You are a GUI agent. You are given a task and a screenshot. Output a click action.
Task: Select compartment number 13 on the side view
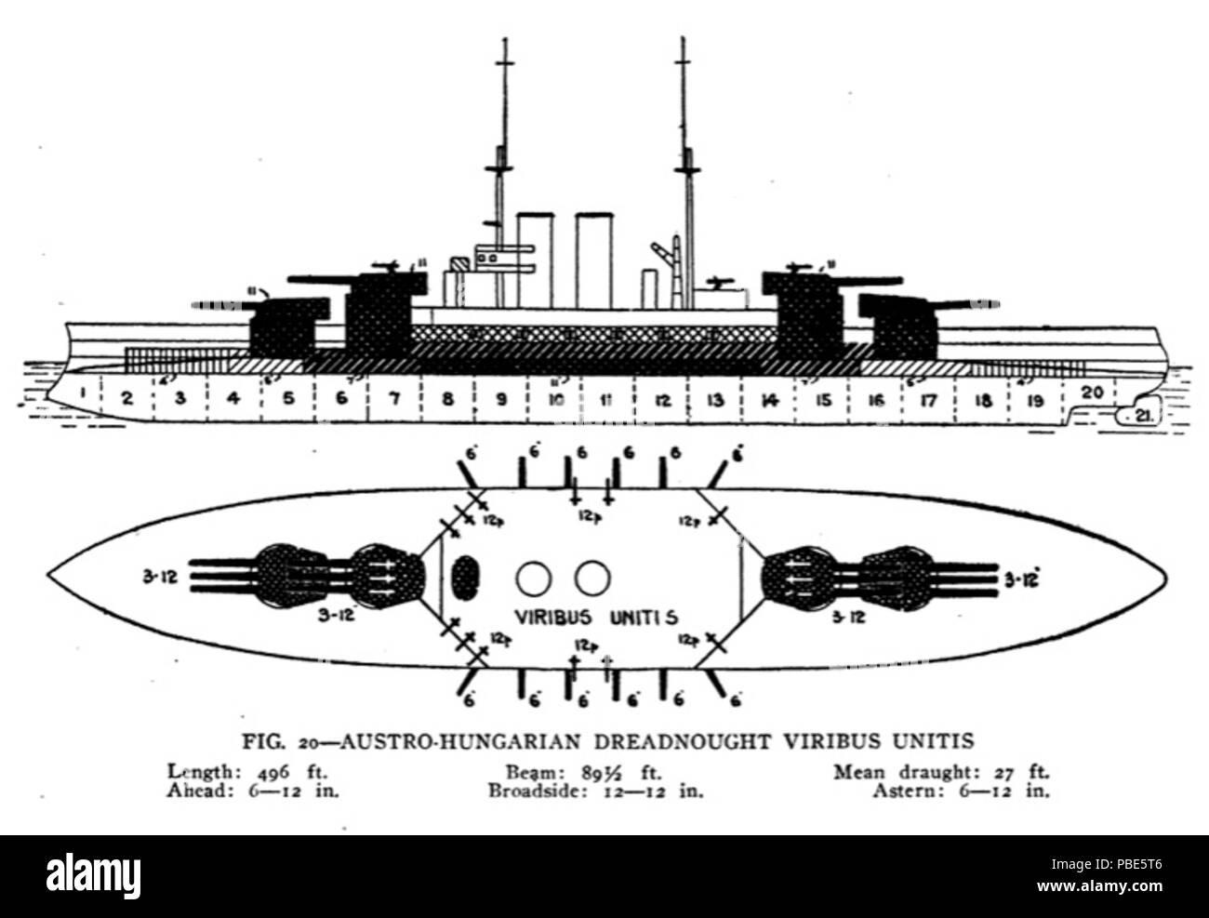(x=714, y=400)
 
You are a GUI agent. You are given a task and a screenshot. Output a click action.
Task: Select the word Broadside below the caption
(x=525, y=792)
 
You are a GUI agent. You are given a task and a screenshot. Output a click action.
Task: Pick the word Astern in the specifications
(x=901, y=792)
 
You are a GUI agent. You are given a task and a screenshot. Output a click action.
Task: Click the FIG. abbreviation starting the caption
(x=262, y=742)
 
